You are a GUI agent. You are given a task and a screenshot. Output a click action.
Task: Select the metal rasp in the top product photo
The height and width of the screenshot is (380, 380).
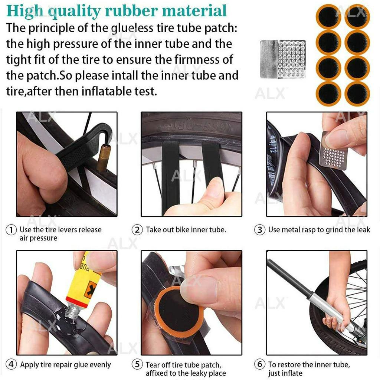point(282,59)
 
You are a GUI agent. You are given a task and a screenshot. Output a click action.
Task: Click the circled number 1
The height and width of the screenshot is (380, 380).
point(11,230)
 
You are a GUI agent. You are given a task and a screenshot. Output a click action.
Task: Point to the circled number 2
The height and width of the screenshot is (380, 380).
point(137,230)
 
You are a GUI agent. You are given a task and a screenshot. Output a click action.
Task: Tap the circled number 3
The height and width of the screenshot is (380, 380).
point(259,230)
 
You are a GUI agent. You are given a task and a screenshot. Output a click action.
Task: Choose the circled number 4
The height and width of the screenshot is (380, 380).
point(11,364)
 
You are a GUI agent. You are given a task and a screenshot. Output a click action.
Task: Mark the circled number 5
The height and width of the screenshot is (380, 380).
point(137,364)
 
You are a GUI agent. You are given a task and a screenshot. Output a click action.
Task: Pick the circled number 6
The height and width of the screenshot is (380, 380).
point(259,364)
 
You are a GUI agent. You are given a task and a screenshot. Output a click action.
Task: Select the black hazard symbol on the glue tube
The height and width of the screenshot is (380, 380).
point(90,289)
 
